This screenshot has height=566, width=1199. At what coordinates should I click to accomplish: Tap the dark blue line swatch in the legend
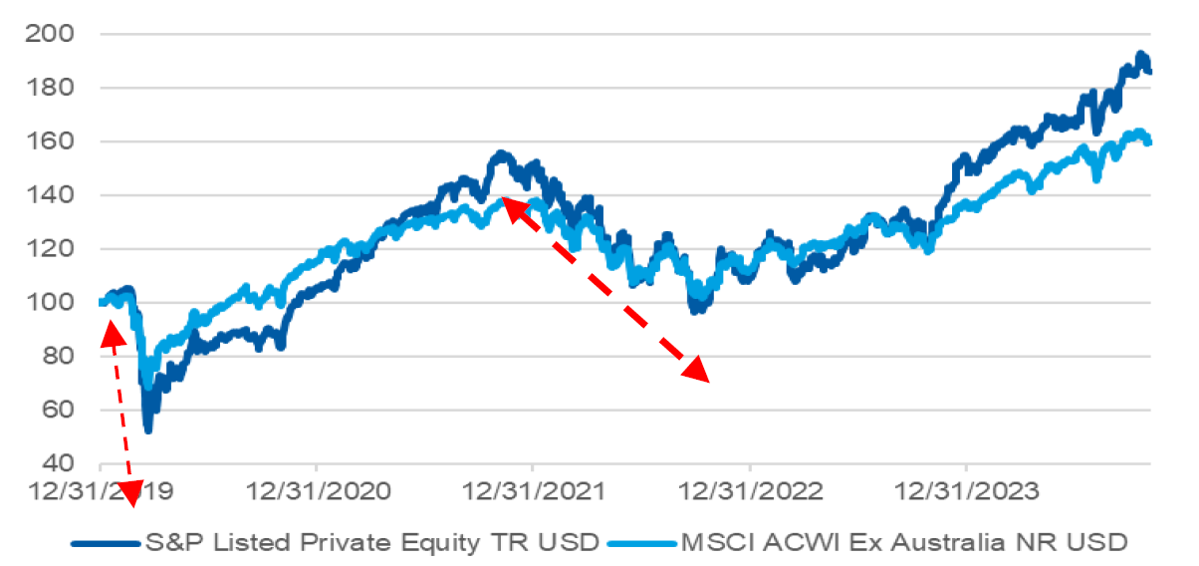105,544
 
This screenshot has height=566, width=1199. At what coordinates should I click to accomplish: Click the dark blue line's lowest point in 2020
148,429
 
